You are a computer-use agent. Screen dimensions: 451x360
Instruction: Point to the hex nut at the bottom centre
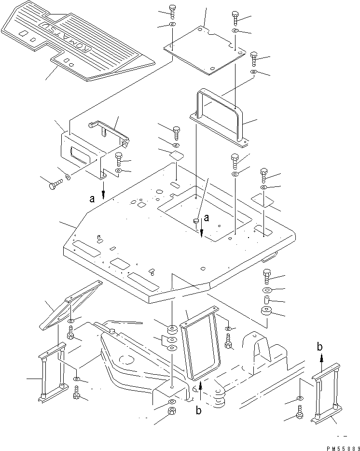171,412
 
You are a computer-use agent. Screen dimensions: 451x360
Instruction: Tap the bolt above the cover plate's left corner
173,10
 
